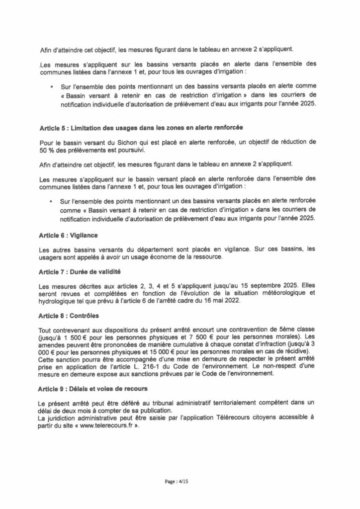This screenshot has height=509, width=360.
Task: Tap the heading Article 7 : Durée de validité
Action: coord(80,272)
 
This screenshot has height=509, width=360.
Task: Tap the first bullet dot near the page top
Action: coord(52,86)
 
